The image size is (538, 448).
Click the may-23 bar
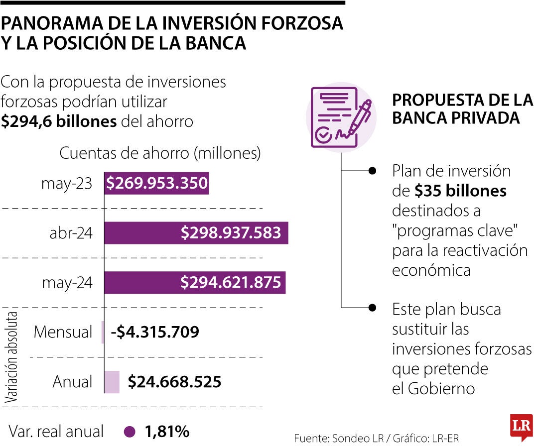pos(156,184)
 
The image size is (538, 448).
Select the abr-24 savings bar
pos(196,233)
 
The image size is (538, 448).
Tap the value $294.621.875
pos(231,283)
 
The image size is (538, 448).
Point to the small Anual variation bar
pos(112,382)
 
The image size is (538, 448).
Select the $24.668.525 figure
pos(174,382)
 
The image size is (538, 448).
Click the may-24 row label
pos(67,283)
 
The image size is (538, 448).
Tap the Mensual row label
pos(63,332)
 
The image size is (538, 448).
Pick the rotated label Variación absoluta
pos(13,357)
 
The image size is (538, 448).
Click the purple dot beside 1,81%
pos(130,432)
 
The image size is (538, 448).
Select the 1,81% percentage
pos(167,432)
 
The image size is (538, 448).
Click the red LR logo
pos(521,427)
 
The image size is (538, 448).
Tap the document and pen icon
pos(341,117)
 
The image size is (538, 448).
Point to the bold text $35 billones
pos(461,191)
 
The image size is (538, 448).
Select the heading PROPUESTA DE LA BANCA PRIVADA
pos(462,109)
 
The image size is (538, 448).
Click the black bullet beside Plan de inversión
pos(372,171)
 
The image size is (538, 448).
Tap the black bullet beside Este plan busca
pos(372,307)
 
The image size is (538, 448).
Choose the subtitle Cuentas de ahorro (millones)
pos(160,153)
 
